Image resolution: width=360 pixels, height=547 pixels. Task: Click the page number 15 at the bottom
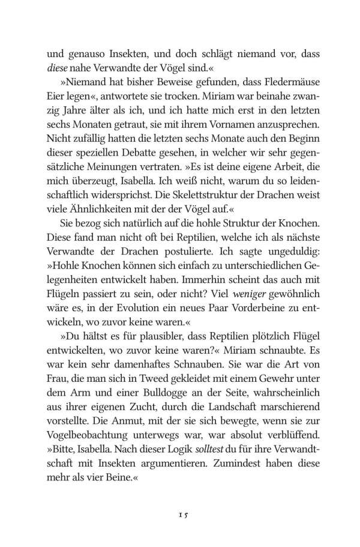pos(180,498)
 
